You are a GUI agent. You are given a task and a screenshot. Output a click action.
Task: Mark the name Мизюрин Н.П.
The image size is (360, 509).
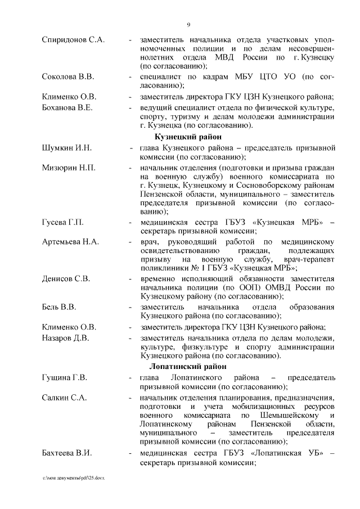[69, 168]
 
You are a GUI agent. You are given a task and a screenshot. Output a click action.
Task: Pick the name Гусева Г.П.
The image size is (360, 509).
[63, 223]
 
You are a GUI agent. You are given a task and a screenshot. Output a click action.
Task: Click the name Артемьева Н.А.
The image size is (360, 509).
[70, 242]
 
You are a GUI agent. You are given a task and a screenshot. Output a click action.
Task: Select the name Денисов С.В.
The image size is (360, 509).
[66, 278]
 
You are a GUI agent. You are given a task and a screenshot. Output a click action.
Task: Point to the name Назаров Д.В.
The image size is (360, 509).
[66, 337]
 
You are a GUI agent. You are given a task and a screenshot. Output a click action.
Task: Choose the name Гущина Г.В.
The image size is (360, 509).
[64, 377]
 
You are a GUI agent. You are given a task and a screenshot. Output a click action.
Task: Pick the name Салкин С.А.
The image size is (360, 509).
[64, 398]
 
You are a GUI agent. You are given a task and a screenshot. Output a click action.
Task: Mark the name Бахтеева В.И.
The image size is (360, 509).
[67, 453]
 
